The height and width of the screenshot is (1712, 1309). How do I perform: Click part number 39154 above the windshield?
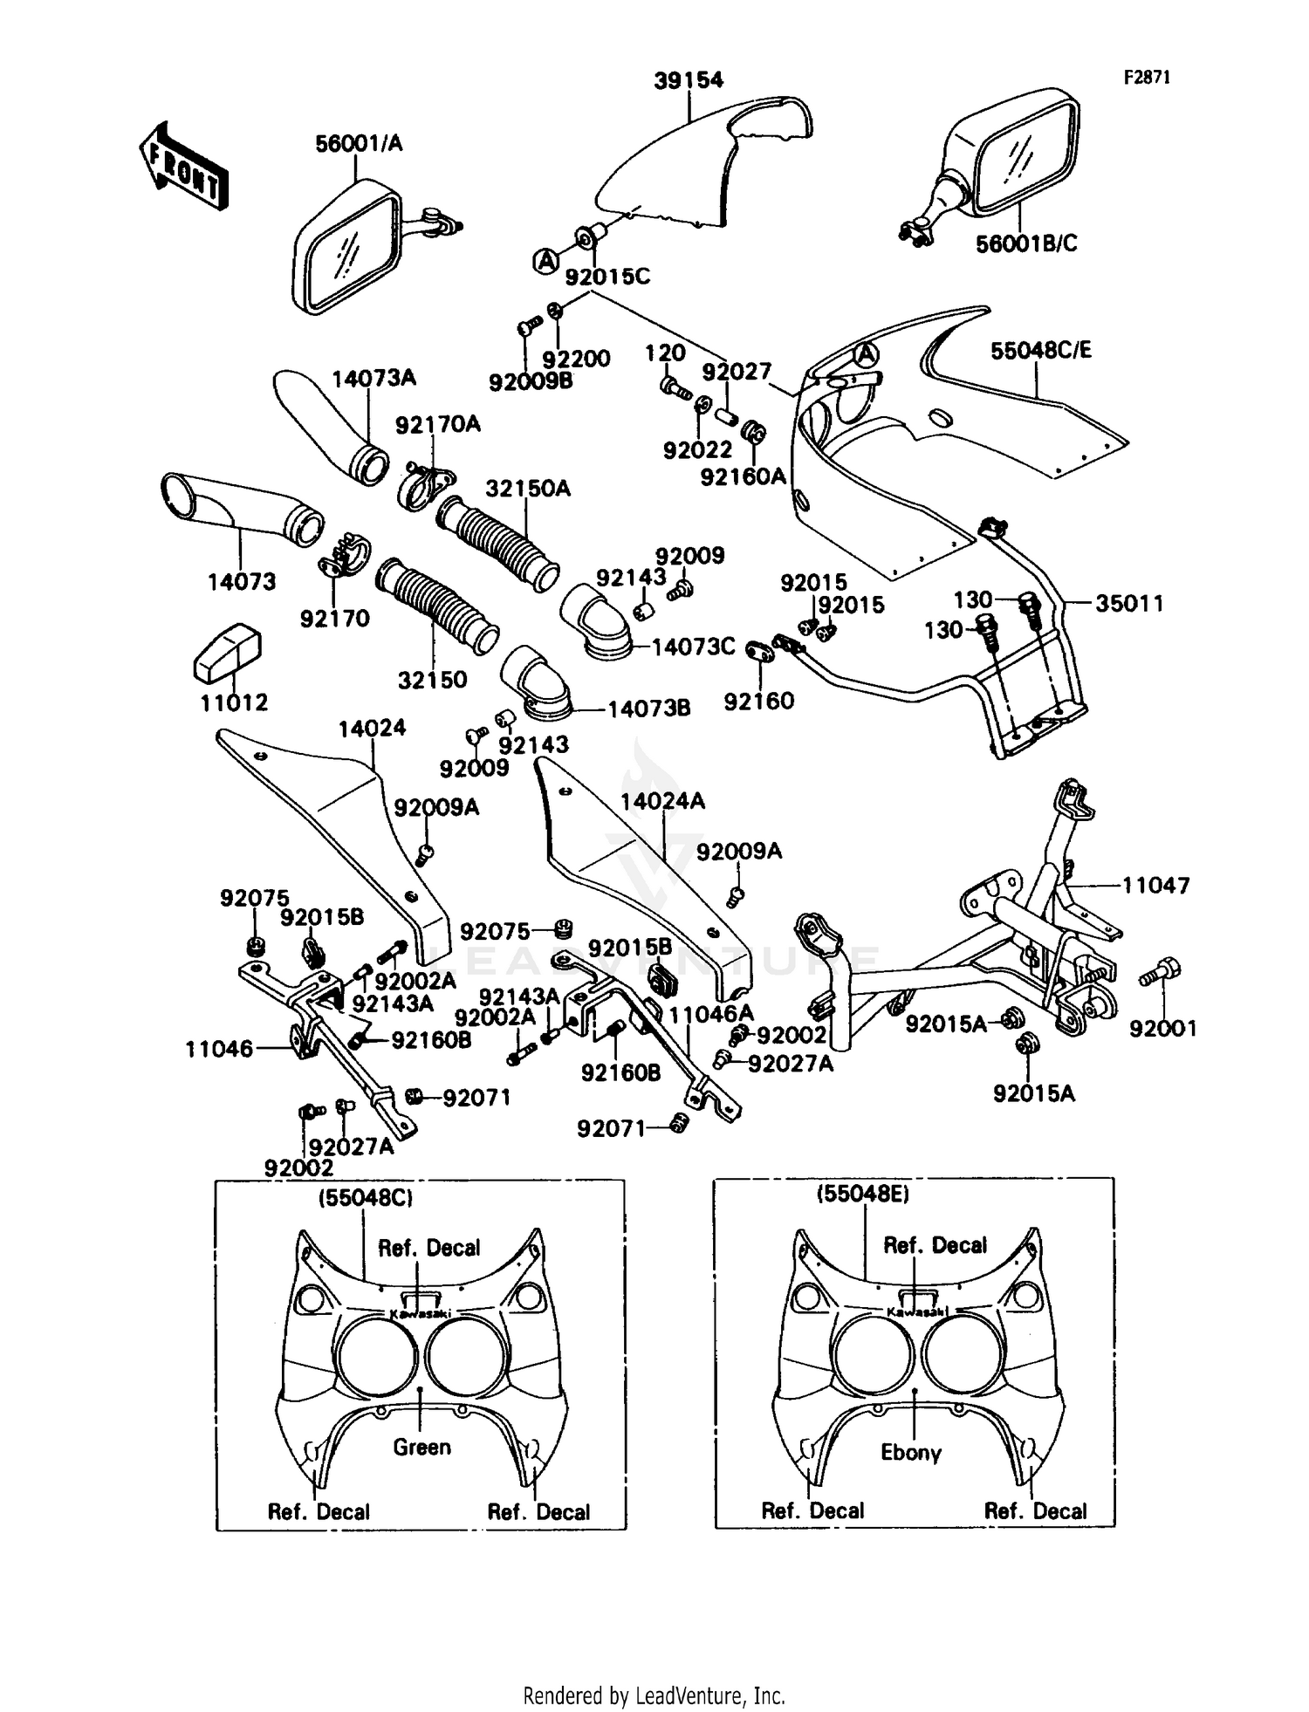point(689,81)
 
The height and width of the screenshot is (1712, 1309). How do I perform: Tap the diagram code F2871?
point(1146,78)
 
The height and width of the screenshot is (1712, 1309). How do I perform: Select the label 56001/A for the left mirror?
point(359,144)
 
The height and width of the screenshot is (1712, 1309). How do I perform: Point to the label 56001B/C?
point(1026,243)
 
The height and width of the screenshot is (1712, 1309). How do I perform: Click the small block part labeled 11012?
point(227,652)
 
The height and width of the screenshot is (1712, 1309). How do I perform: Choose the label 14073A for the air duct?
point(374,378)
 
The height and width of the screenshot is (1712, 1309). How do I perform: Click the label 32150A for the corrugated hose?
point(527,489)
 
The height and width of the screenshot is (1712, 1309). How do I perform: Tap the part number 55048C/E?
point(1040,351)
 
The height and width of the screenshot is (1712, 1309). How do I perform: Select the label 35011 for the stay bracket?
point(1129,603)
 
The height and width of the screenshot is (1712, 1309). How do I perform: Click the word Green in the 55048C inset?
point(421,1447)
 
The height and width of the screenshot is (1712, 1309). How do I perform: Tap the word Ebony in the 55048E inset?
point(910,1452)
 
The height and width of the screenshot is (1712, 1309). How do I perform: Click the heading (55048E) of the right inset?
point(862,1194)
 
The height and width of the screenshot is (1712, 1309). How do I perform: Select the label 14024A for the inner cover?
point(662,801)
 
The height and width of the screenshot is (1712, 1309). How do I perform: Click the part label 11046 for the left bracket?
point(218,1049)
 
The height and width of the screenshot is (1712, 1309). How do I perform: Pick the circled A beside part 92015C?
point(546,260)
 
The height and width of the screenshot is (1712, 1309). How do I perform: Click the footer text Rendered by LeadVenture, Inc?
point(654,1695)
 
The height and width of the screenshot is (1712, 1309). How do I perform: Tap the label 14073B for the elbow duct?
point(648,709)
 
